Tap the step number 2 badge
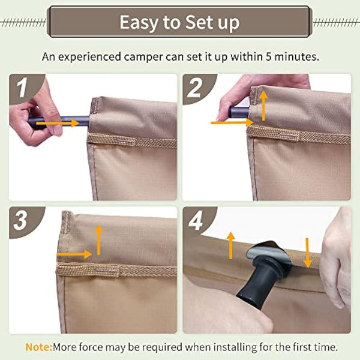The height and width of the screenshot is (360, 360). pos(195,88)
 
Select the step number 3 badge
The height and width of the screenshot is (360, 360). pos(22,220)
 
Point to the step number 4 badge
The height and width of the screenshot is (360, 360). pos(196,220)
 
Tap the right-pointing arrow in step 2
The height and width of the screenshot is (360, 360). pos(231,122)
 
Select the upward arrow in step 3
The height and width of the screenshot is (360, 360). pos(99,239)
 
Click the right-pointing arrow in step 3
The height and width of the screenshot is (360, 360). pos(74,254)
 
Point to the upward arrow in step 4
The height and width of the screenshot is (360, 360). pos(229,245)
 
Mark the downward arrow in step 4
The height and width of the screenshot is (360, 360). pos(308,253)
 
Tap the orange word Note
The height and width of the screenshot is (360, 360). pos(37,347)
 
